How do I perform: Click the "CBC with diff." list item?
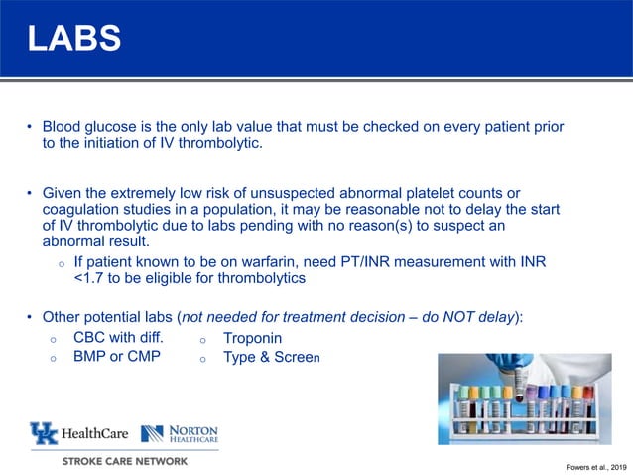coord(118,337)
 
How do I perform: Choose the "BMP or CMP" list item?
coord(116,356)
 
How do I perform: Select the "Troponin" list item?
coord(252,338)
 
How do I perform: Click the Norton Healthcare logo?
coord(180,433)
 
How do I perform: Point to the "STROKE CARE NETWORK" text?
coord(124,461)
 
